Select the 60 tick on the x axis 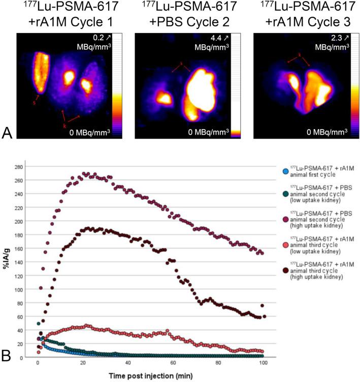(173, 364)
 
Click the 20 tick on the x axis (82, 364)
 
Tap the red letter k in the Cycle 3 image (300, 54)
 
